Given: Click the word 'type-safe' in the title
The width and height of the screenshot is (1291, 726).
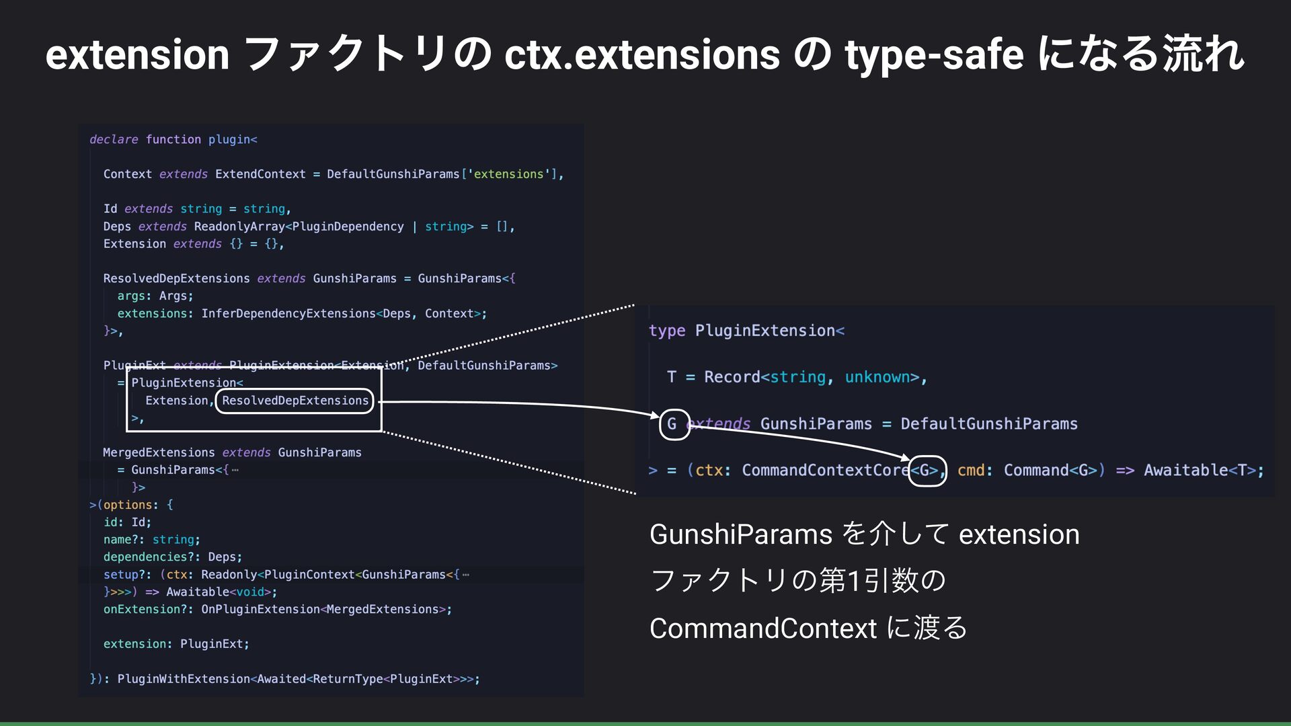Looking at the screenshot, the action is [x=935, y=55].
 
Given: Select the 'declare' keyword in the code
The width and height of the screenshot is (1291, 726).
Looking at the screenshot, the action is [x=114, y=139].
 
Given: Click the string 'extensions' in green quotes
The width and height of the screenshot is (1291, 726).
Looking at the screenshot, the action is [x=508, y=174].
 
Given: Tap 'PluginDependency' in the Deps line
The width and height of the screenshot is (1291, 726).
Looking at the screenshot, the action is [x=348, y=227].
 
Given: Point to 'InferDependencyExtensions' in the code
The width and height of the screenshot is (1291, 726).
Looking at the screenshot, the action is [x=288, y=314].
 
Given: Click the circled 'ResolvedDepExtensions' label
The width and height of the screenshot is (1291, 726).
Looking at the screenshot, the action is [x=295, y=401].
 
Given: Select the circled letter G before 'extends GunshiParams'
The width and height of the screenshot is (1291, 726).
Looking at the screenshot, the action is [x=674, y=424].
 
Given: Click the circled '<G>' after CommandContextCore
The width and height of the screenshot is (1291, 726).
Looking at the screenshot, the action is [x=928, y=470].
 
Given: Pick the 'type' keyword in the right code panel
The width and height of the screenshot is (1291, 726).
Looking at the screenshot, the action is [x=667, y=331].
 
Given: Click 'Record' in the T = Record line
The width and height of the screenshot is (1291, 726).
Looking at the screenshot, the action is [x=732, y=377].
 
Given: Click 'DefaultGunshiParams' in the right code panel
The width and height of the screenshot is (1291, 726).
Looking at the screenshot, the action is [x=989, y=424].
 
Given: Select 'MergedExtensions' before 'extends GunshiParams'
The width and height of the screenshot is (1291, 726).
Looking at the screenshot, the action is [x=159, y=452].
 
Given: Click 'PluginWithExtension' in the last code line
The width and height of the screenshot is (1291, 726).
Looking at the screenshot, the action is [x=184, y=679].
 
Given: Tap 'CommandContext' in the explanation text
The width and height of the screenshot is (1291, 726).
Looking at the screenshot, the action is [x=763, y=629].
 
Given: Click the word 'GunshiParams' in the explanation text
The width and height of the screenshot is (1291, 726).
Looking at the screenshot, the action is [x=741, y=534].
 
